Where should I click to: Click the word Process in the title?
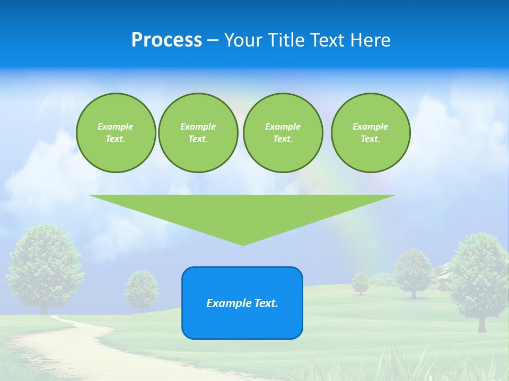(166, 40)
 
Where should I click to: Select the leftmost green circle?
(116, 133)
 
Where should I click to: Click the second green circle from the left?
(198, 133)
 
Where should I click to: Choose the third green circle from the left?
(283, 133)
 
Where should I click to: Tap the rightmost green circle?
(370, 133)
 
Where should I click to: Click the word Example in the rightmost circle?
(370, 126)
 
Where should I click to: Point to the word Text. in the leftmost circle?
(116, 139)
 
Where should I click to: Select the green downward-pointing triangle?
(242, 212)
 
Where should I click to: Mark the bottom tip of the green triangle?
(243, 244)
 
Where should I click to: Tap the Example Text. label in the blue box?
(242, 303)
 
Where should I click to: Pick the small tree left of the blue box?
(142, 289)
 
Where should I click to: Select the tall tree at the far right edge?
(480, 275)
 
